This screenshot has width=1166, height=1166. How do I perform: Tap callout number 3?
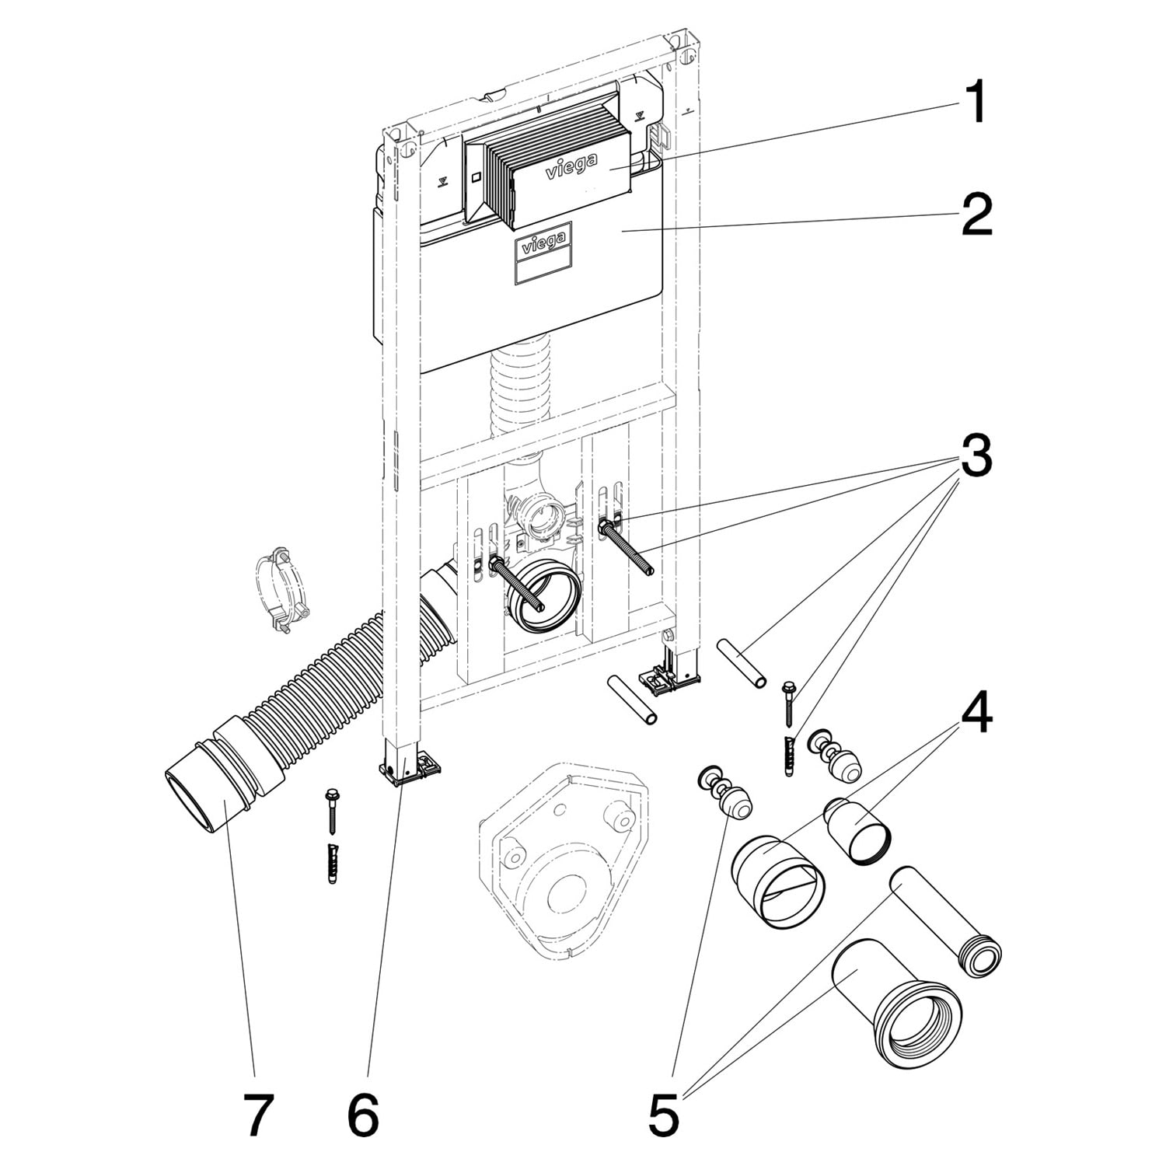[x=977, y=456]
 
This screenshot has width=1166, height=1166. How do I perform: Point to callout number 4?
[x=977, y=714]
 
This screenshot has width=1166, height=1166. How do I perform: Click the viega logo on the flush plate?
[x=571, y=166]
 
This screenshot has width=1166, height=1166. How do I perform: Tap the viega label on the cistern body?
[x=543, y=243]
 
